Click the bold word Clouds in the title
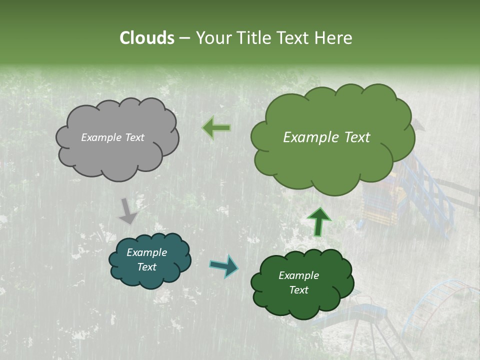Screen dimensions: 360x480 (147, 38)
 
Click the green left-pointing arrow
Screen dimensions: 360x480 (216, 128)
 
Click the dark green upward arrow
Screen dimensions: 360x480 (318, 221)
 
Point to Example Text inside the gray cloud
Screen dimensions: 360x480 (112, 137)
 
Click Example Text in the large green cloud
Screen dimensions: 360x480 (326, 137)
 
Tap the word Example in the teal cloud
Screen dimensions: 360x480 (146, 252)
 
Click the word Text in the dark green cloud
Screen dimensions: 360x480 (298, 290)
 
